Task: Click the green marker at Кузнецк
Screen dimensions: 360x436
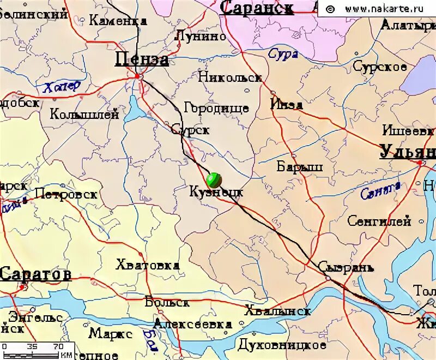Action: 215,179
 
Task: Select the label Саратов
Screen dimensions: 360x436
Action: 35,274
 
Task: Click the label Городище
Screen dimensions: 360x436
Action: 216,108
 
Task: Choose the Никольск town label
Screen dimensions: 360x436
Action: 229,77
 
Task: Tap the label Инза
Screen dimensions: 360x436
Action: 287,104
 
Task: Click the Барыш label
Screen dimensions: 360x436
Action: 300,166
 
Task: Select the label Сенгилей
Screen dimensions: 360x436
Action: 379,221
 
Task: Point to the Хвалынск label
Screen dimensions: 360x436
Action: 278,311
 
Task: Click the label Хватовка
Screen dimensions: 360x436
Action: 147,265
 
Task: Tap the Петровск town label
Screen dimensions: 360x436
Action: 65,194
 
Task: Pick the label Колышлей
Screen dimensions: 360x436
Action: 84,114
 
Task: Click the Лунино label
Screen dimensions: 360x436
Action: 200,36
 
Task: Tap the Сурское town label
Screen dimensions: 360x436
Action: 380,67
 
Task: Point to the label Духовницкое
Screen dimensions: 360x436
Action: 282,345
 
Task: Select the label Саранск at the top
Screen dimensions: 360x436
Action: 257,8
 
